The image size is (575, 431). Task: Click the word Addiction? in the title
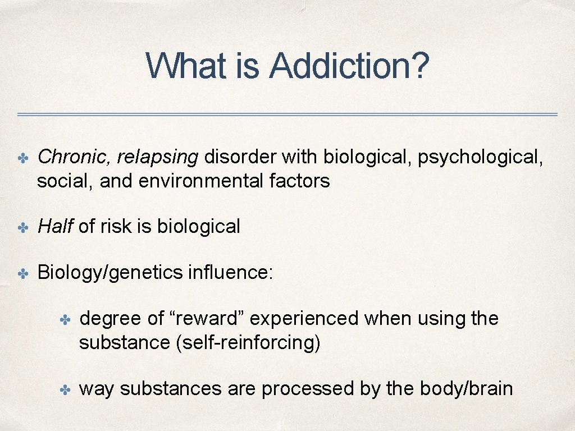coord(349,66)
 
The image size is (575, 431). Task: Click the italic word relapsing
coord(158,158)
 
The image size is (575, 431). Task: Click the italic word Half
coord(55,226)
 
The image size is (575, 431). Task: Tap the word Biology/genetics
coord(110,273)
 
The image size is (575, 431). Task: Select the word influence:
coord(231,272)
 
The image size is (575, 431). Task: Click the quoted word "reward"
coord(207,319)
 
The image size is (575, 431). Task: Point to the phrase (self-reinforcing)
coord(248,342)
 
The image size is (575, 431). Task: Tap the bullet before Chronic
coord(23,158)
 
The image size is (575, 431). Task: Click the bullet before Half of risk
coord(23,227)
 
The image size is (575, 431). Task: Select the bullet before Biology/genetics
coord(23,273)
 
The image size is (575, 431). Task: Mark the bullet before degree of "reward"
coord(66,320)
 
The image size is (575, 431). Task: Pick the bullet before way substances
coord(66,389)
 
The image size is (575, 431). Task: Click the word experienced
coord(305,319)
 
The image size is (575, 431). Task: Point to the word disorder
coord(240,158)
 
